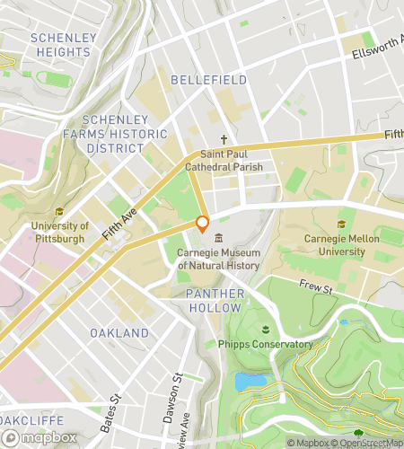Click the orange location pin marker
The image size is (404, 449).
tap(203, 224)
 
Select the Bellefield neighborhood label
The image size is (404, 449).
tap(208, 80)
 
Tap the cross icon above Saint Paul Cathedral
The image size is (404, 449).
tap(225, 140)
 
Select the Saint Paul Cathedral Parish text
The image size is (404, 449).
tap(225, 160)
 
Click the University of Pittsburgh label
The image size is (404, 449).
tap(59, 232)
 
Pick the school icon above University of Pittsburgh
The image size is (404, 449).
tap(59, 212)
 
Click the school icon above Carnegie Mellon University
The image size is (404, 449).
tap(340, 225)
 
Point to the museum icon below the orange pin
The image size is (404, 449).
tap(218, 237)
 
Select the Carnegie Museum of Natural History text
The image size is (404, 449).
tap(218, 259)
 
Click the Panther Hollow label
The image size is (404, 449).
tap(215, 301)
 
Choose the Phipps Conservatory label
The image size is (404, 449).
tap(265, 344)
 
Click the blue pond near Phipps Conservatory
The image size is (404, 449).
tap(249, 381)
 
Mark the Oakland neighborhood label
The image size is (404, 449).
tap(119, 333)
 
